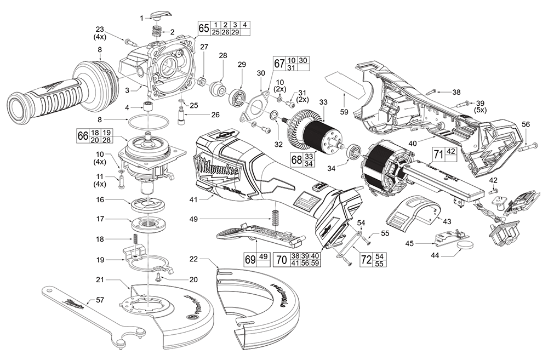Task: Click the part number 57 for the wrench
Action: (99, 300)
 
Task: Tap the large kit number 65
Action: (203, 28)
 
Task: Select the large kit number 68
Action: (295, 160)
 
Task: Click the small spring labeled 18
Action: (133, 240)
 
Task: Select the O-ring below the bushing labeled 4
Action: (149, 119)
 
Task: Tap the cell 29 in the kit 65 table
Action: (235, 32)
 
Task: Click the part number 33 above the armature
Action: (323, 102)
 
